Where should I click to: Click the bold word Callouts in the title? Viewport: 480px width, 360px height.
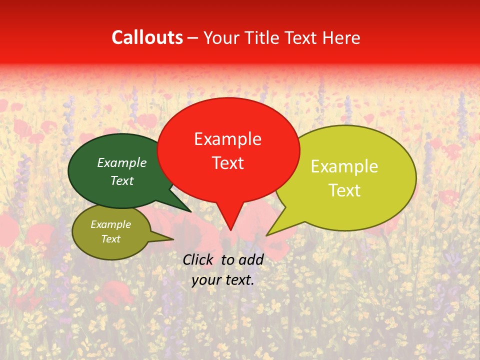coord(147,37)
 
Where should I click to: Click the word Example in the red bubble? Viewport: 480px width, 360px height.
coord(227,139)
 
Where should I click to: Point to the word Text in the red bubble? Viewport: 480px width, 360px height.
coord(227,163)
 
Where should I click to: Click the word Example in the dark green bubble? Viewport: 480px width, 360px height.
coord(121,163)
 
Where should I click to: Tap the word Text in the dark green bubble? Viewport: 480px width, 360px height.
coord(121,180)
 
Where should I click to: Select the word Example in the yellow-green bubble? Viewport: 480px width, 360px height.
coord(344,166)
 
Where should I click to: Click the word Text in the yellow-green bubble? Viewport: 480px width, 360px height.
coord(344,190)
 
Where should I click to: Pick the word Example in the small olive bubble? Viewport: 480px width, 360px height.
coord(110,224)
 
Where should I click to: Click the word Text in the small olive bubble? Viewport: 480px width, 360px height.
coord(110,239)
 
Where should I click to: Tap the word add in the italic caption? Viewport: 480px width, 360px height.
coord(251,259)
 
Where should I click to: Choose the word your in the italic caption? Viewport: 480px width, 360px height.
coord(205,280)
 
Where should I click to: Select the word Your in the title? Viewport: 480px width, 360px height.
coord(220,37)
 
